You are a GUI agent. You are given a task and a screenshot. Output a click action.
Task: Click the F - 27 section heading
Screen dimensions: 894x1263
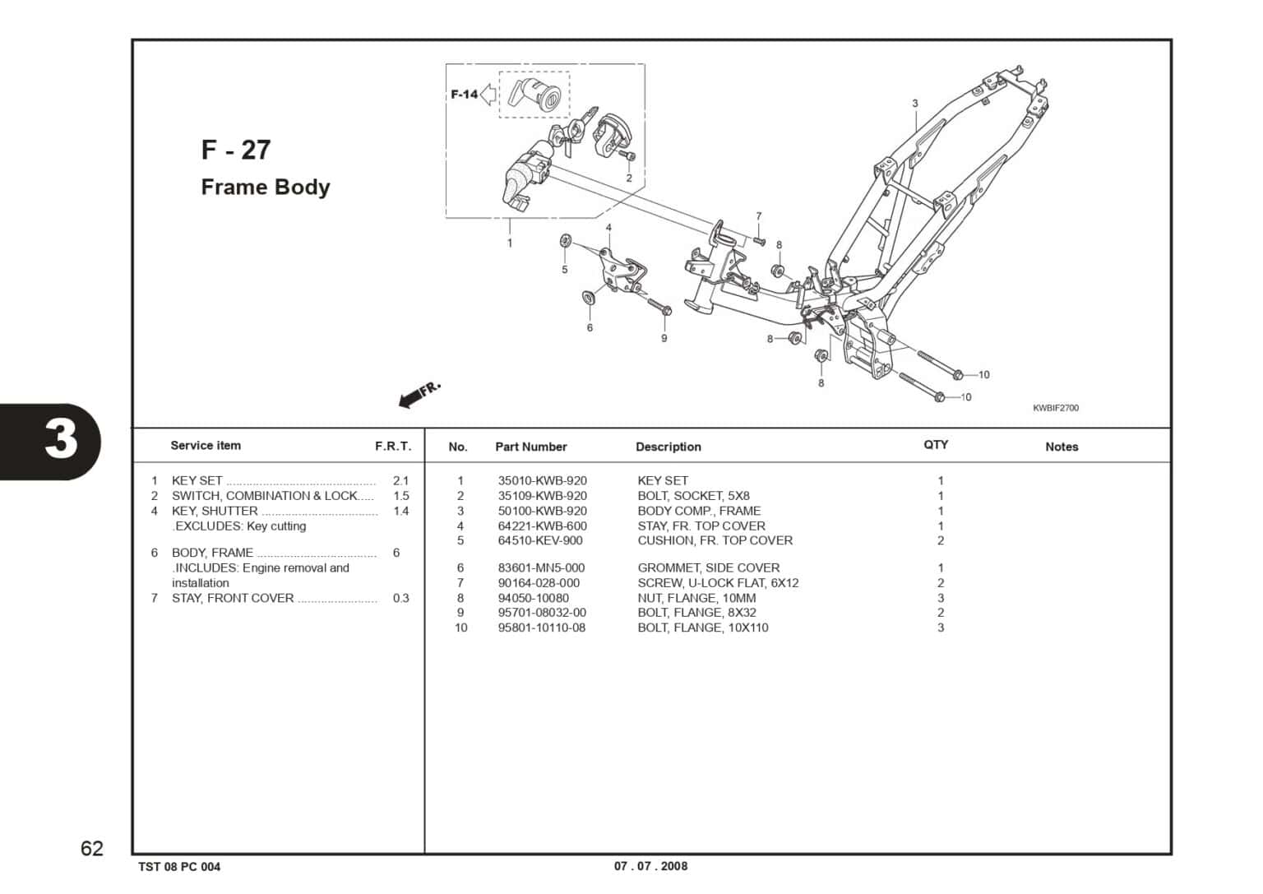coord(236,150)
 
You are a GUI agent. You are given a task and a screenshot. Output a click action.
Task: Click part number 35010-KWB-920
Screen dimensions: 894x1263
coord(542,480)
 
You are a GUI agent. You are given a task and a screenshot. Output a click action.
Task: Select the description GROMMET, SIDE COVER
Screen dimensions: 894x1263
coord(708,567)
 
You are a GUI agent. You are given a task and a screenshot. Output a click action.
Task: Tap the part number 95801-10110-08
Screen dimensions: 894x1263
coord(542,628)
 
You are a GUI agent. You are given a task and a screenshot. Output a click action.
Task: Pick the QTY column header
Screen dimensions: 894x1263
coord(936,445)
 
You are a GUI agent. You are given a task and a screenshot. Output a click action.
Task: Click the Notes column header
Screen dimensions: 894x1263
coord(1061,447)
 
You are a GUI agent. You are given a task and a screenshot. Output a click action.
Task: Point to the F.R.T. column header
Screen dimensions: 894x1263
coord(393,446)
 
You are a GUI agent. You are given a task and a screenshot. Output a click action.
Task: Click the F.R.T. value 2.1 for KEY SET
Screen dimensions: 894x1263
coord(400,480)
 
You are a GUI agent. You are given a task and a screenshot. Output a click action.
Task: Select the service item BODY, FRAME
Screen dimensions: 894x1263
coord(212,553)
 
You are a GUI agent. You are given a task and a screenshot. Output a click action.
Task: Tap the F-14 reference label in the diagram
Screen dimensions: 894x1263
coord(465,95)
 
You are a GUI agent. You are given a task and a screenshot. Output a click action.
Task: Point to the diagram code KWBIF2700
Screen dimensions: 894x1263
coord(1056,408)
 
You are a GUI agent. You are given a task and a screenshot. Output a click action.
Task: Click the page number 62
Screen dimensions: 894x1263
coord(92,849)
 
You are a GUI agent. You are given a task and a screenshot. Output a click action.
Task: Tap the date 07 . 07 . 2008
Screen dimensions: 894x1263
coord(650,866)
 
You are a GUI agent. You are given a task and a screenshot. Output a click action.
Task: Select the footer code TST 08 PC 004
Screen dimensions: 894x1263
coord(179,867)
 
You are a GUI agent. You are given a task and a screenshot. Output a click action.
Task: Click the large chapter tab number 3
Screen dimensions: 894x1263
coord(61,440)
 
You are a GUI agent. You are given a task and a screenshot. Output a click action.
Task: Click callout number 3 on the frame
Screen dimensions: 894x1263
coord(914,104)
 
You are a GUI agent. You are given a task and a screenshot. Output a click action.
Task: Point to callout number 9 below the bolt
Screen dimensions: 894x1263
coord(664,338)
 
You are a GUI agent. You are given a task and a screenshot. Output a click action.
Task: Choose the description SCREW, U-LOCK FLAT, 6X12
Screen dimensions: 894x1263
coord(718,582)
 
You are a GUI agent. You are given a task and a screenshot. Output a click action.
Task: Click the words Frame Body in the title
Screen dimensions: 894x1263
coord(266,188)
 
